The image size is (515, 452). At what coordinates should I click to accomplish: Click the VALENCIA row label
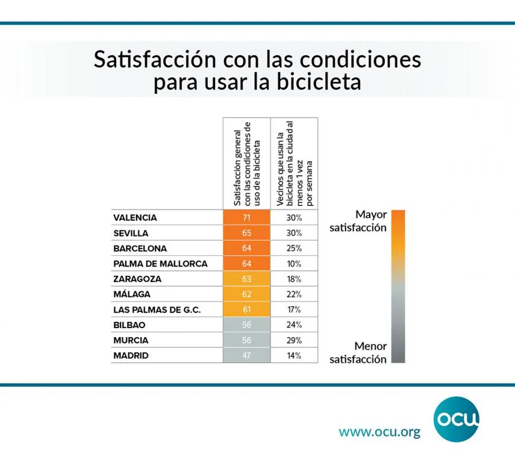coord(135,218)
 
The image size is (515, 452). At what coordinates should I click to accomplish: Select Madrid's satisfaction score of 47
coord(246,356)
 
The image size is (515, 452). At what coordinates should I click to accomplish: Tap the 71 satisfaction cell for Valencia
coord(246,218)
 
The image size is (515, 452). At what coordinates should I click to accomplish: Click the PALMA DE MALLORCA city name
coord(160,264)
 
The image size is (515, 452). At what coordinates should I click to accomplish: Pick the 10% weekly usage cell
coord(293,264)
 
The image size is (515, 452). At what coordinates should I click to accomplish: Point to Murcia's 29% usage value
coord(293,340)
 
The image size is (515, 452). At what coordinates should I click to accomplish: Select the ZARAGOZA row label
coord(137,279)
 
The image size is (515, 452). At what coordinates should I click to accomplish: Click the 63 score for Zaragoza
coord(246,279)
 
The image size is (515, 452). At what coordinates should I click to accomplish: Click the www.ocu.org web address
coord(379,432)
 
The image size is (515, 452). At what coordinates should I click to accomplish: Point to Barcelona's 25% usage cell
coord(293,249)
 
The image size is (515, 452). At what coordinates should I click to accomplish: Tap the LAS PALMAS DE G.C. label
coord(157,310)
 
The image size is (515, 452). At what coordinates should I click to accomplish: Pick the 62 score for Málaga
coord(246,294)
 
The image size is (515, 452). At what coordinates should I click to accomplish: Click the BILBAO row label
coord(130,325)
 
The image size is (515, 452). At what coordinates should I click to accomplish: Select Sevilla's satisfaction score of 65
coord(246,233)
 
